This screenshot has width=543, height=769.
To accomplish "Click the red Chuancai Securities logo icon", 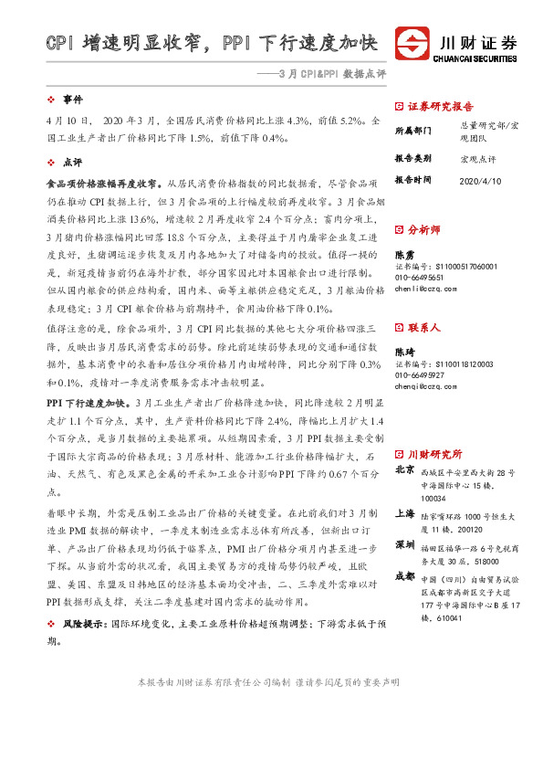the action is [412, 44].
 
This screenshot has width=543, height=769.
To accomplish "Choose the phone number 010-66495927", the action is [420, 375].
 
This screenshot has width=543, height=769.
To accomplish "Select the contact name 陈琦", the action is [404, 353].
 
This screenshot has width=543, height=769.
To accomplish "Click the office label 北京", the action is [405, 470].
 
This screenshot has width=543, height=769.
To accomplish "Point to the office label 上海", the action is [405, 514].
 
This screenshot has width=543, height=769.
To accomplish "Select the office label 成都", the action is [405, 576].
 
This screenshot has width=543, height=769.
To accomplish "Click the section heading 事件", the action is [72, 98].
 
